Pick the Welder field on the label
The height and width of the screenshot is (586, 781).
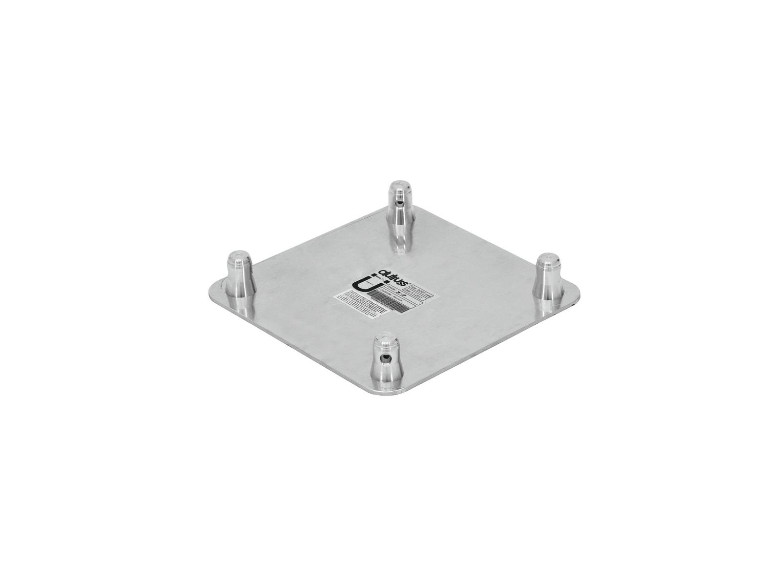pos(395,291)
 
